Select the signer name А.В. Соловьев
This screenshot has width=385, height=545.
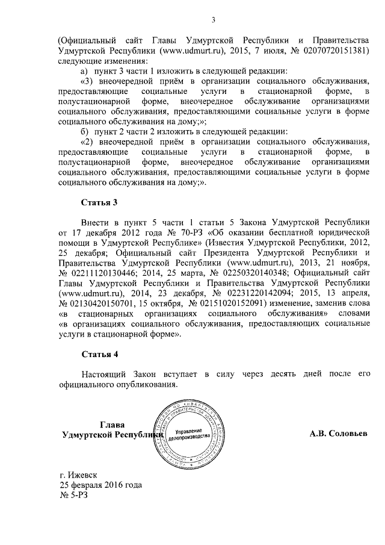coord(339,434)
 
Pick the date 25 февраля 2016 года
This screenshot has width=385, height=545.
coord(100,485)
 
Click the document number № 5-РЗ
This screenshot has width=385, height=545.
coord(75,495)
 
